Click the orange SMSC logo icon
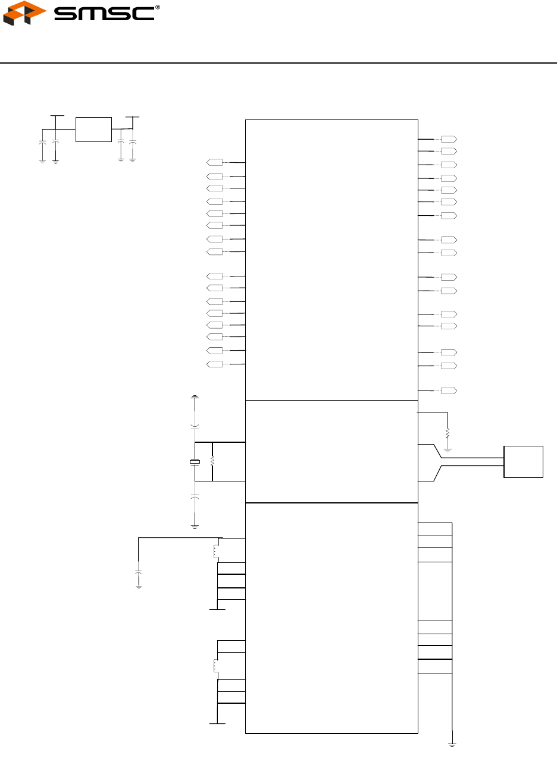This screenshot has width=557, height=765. pyautogui.click(x=24, y=13)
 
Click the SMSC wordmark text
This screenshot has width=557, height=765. pyautogui.click(x=104, y=14)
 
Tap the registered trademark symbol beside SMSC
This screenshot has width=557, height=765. pyautogui.click(x=158, y=7)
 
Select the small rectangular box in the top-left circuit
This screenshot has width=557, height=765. pyautogui.click(x=93, y=130)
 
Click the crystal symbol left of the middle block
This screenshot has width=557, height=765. pyautogui.click(x=195, y=462)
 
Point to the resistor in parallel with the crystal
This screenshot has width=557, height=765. pyautogui.click(x=212, y=461)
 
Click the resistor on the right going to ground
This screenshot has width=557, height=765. pyautogui.click(x=448, y=434)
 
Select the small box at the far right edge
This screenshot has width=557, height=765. pyautogui.click(x=523, y=462)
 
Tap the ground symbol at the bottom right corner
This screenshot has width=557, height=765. pyautogui.click(x=452, y=745)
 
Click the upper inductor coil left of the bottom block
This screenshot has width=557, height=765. pyautogui.click(x=215, y=552)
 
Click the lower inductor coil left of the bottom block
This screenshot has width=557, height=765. pyautogui.click(x=215, y=666)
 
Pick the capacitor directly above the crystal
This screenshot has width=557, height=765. pyautogui.click(x=195, y=427)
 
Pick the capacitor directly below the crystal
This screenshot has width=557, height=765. pyautogui.click(x=195, y=496)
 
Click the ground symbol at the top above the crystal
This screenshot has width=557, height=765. pyautogui.click(x=195, y=397)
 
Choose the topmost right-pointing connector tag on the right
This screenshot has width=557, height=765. pyautogui.click(x=449, y=139)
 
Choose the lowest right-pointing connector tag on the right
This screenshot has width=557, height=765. pyautogui.click(x=449, y=391)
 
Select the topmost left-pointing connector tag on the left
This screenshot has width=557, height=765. pyautogui.click(x=214, y=162)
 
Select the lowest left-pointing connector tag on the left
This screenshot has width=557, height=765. pyautogui.click(x=214, y=364)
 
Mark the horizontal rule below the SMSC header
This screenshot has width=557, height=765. pyautogui.click(x=278, y=63)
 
